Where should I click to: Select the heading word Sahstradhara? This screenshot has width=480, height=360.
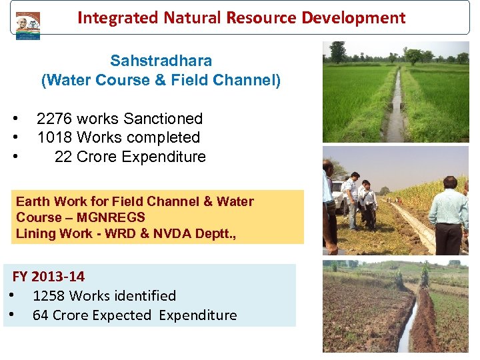tap(161, 61)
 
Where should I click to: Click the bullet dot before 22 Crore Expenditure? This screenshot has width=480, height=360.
tap(14, 157)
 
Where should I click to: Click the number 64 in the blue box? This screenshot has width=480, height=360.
tap(40, 315)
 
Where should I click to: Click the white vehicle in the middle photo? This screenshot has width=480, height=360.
tap(338, 194)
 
